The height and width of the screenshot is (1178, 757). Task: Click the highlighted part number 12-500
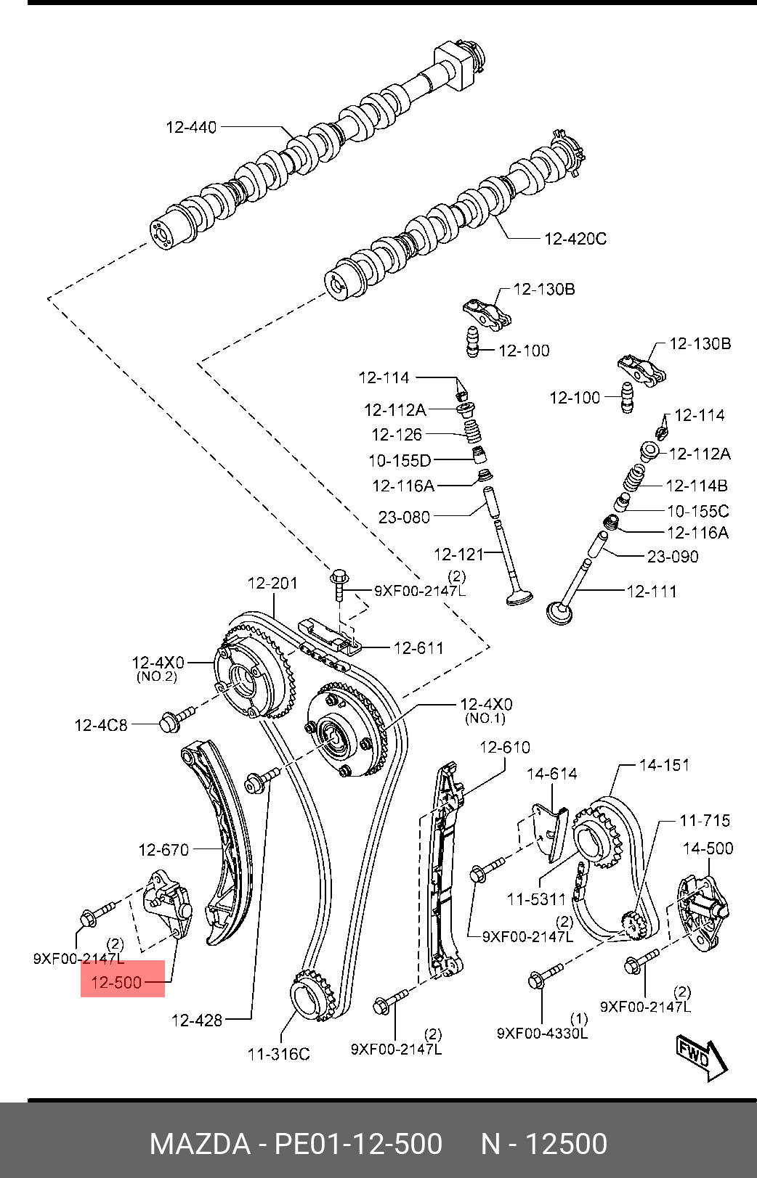tap(116, 982)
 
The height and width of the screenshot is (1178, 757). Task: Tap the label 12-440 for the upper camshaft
tap(191, 128)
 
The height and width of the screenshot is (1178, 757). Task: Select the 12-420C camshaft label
tap(575, 240)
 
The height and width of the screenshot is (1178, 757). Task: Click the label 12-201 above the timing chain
tap(272, 584)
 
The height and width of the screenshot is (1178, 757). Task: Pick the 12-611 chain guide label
tap(418, 648)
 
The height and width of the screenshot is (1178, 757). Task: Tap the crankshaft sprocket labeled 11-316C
tap(312, 992)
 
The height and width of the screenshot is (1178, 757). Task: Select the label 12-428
tap(197, 1020)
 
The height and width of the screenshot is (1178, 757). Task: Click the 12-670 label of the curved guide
tap(163, 850)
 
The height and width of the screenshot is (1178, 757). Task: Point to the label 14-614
tap(551, 774)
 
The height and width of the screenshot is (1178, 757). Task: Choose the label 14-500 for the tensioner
tap(708, 848)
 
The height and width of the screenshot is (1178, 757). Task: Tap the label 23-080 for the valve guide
tap(405, 518)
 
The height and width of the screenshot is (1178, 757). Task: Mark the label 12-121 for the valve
tap(458, 555)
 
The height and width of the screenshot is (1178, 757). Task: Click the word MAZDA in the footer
tap(200, 1144)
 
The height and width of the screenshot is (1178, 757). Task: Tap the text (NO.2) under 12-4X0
tap(157, 677)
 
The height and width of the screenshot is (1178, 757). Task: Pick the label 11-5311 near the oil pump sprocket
tap(536, 899)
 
